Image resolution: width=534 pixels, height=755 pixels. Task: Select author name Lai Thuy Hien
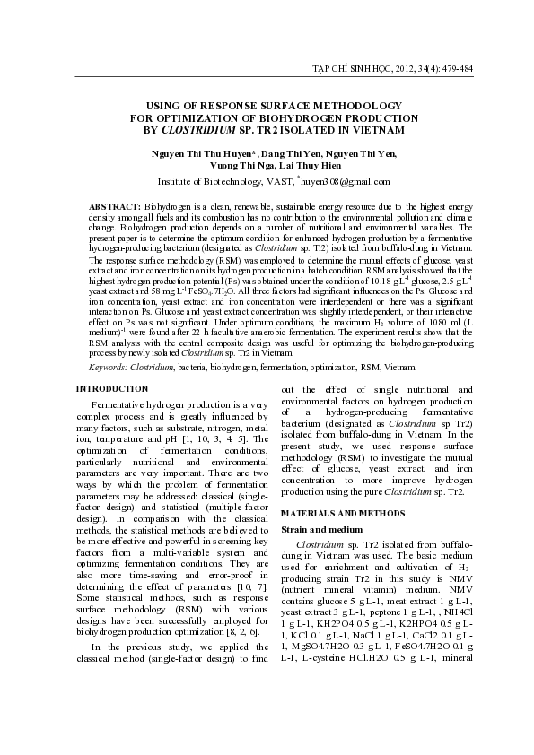point(319,166)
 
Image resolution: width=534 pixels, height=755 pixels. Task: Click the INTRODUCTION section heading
point(111,388)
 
